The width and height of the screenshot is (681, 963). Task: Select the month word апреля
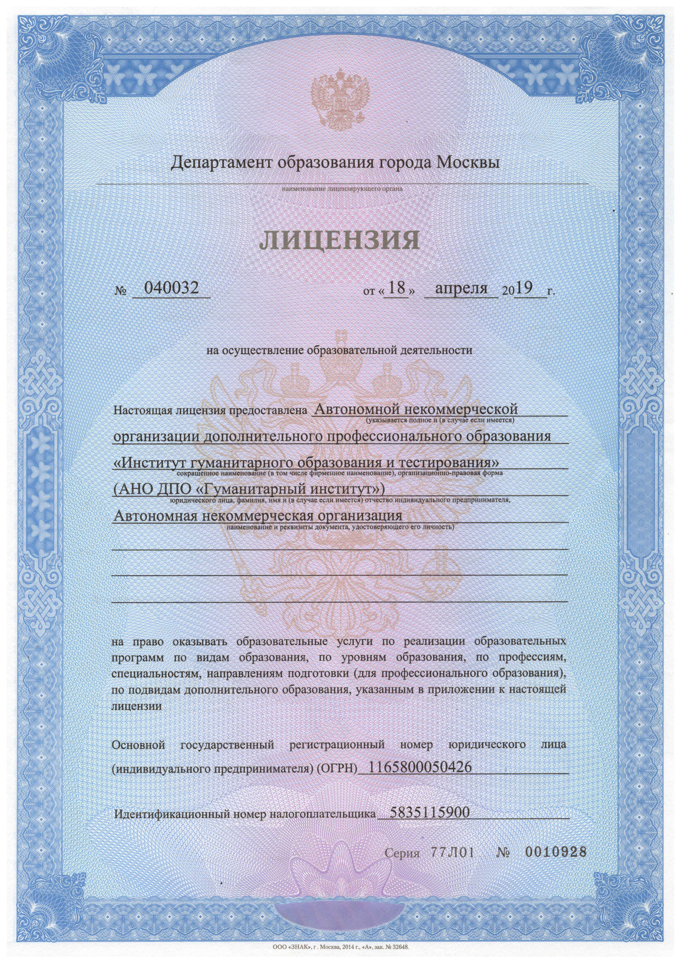461,288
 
